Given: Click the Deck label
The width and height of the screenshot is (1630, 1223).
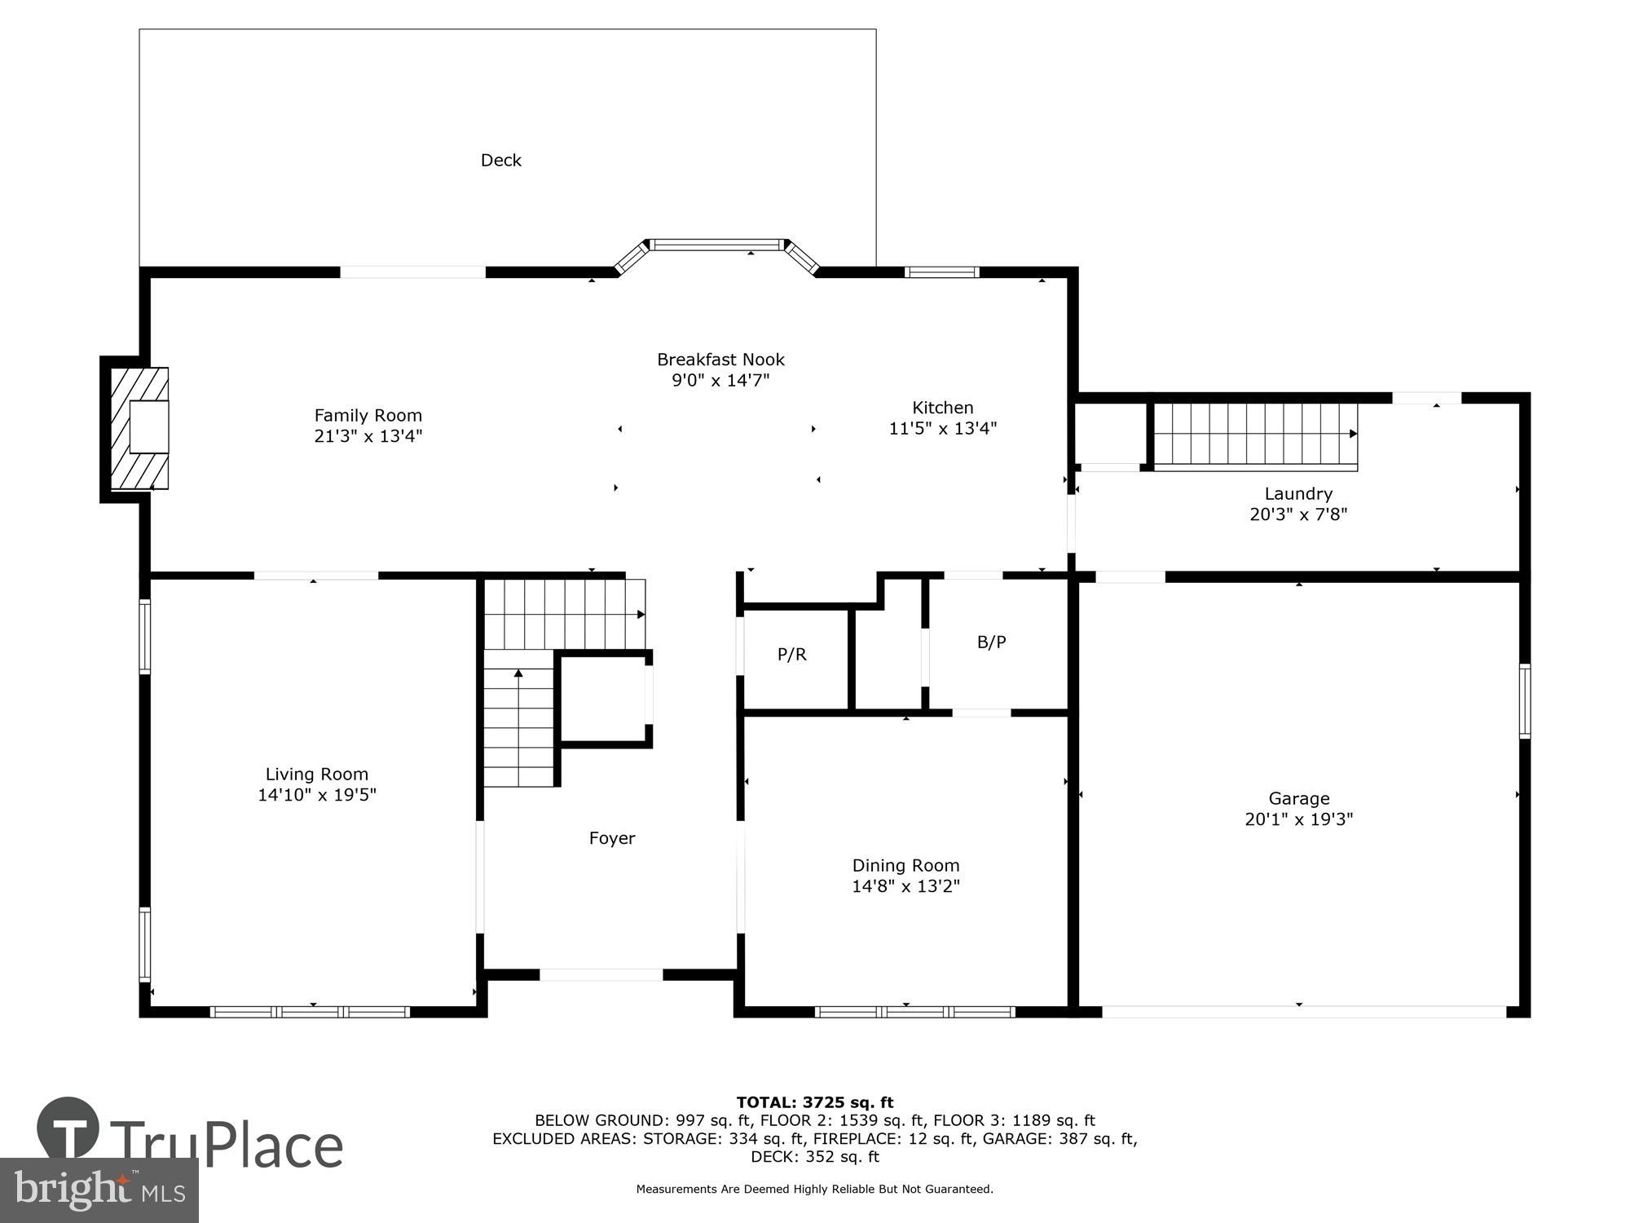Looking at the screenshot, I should pyautogui.click(x=500, y=161).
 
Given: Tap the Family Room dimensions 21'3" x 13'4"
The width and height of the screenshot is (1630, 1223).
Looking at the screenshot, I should pyautogui.click(x=368, y=436).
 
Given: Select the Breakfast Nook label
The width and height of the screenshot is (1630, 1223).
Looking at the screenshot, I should pyautogui.click(x=720, y=360).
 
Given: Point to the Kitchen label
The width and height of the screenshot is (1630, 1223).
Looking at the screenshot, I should pyautogui.click(x=942, y=408).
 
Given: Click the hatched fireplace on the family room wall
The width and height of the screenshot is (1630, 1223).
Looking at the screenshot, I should pyautogui.click(x=139, y=429).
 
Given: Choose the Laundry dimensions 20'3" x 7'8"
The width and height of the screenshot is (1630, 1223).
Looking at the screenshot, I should pyautogui.click(x=1298, y=514).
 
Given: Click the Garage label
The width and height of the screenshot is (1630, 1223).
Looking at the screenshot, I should pyautogui.click(x=1298, y=799).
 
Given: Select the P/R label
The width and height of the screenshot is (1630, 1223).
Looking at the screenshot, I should pyautogui.click(x=791, y=655).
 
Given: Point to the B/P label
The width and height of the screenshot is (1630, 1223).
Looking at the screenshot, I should pyautogui.click(x=991, y=642).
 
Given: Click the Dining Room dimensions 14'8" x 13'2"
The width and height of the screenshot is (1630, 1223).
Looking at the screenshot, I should pyautogui.click(x=905, y=886).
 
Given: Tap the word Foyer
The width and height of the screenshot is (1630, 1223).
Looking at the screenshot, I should pyautogui.click(x=612, y=838).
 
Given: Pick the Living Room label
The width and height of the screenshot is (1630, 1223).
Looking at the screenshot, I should pyautogui.click(x=316, y=775).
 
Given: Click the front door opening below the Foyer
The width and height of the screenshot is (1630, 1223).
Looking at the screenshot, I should pyautogui.click(x=601, y=974).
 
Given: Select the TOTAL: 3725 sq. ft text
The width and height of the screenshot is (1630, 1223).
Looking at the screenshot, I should pyautogui.click(x=815, y=1103).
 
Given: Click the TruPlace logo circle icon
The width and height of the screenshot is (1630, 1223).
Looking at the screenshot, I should pyautogui.click(x=68, y=1128).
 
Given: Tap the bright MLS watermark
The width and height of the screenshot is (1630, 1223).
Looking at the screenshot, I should pyautogui.click(x=99, y=1190).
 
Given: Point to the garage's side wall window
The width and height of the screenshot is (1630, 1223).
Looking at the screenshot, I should pyautogui.click(x=1524, y=701).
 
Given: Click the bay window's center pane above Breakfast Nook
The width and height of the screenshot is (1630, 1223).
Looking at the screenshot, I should pyautogui.click(x=717, y=244).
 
